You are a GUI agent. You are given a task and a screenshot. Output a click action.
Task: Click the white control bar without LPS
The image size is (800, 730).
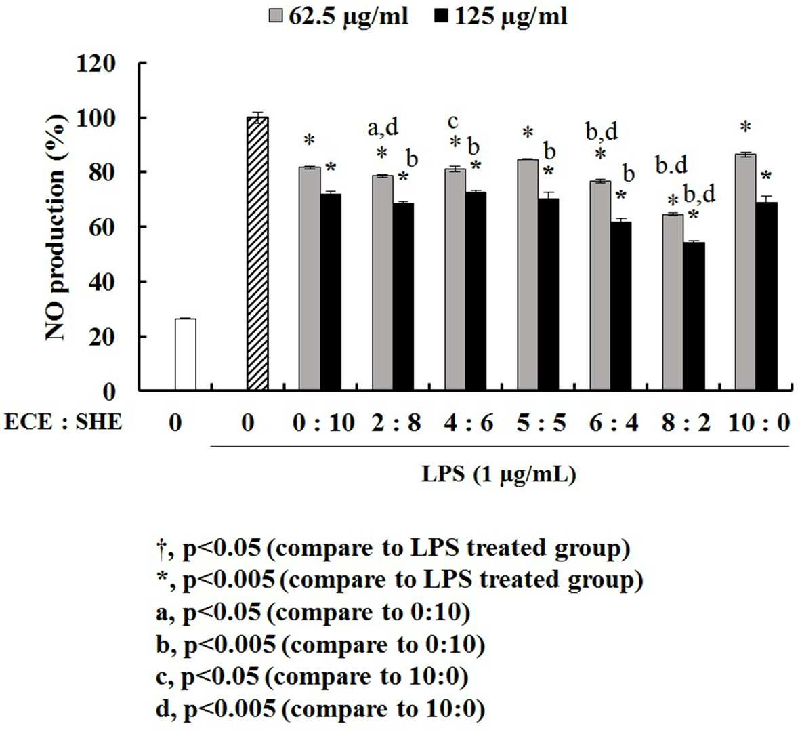185,354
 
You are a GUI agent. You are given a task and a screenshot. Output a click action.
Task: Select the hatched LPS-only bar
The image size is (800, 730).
257,254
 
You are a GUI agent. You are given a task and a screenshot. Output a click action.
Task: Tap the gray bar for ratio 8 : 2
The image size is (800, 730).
673,303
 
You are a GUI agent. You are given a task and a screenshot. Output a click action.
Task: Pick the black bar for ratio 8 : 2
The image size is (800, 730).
694,317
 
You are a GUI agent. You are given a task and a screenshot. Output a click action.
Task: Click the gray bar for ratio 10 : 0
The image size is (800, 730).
745,272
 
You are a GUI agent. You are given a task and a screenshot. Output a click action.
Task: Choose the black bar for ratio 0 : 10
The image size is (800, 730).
331,293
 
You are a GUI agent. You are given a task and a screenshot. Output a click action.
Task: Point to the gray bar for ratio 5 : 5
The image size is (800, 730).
528,275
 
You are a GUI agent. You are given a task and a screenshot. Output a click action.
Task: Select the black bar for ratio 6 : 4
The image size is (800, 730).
621,306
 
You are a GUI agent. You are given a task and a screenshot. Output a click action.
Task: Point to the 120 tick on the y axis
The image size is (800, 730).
142,63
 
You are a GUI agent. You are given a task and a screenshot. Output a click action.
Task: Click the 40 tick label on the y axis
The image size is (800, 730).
102,282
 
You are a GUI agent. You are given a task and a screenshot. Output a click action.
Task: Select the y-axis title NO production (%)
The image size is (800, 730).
56,228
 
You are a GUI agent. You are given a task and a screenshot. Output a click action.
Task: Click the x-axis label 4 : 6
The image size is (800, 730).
469,423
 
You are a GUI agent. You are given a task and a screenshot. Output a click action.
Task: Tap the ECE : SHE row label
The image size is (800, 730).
63,422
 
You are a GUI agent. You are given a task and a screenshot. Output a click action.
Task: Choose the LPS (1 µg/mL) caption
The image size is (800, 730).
499,474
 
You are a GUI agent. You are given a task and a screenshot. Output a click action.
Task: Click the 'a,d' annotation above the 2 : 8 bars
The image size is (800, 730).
383,127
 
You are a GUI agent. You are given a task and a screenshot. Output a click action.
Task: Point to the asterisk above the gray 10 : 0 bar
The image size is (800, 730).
745,127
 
